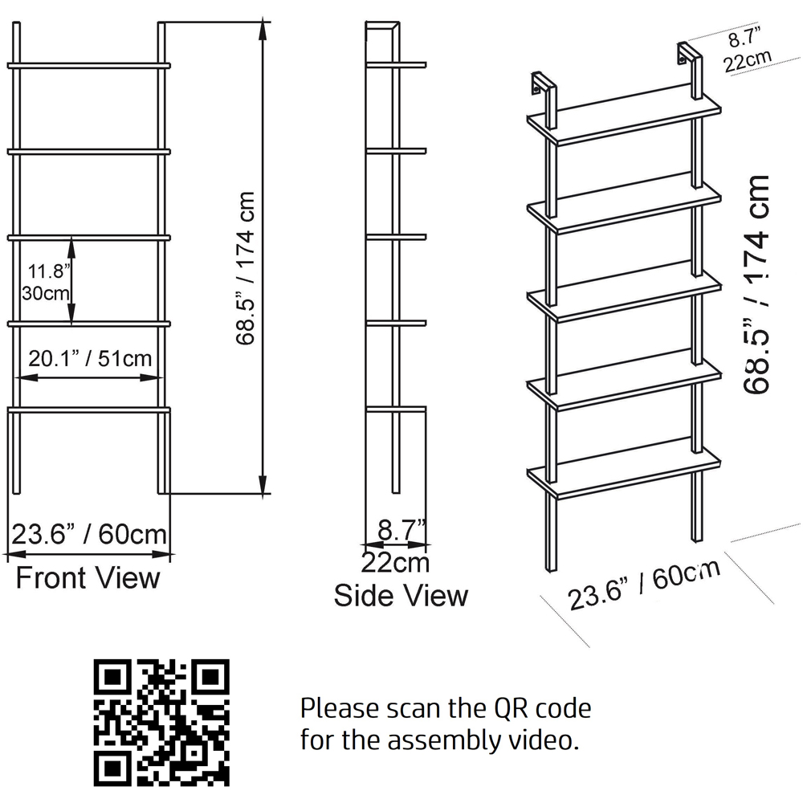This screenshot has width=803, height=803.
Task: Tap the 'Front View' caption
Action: click(88, 577)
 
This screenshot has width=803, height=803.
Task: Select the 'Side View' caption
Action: click(401, 595)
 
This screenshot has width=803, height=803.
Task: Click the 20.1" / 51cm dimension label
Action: click(91, 358)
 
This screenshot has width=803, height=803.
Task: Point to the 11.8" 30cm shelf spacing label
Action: click(46, 281)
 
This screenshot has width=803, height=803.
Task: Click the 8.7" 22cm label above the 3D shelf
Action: click(746, 51)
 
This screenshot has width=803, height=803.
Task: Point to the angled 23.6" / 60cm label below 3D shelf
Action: click(642, 585)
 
